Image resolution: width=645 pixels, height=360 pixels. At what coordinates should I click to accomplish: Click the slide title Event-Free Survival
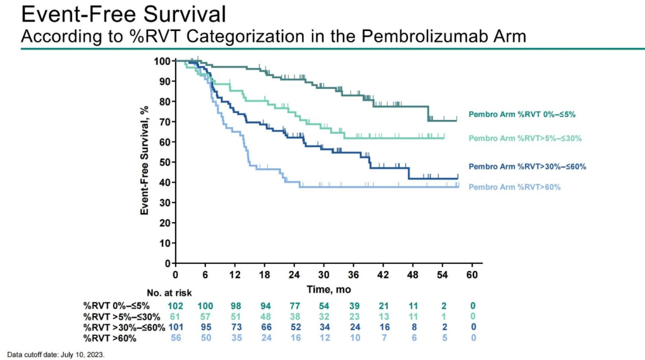pos(123,14)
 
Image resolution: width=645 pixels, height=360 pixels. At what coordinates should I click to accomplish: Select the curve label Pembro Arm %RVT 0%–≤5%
pos(521,113)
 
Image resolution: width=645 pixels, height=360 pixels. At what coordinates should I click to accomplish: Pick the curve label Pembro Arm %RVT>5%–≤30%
pos(525,139)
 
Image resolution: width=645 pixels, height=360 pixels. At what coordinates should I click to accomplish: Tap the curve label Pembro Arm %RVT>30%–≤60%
pos(527,167)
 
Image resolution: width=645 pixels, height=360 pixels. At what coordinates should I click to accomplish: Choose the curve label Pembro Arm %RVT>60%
pos(514,187)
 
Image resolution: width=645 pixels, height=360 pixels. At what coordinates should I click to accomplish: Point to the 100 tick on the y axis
pos(162,61)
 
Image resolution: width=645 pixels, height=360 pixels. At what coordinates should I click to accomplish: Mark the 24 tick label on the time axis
pos(294,274)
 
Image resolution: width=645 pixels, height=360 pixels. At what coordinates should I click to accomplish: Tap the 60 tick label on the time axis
pos(472,274)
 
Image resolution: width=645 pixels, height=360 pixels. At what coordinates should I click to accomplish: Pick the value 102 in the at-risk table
pos(176,306)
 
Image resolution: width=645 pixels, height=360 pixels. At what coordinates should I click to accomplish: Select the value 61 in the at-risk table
pos(176,316)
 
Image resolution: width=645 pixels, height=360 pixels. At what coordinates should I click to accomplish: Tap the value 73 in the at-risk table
pos(235,328)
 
